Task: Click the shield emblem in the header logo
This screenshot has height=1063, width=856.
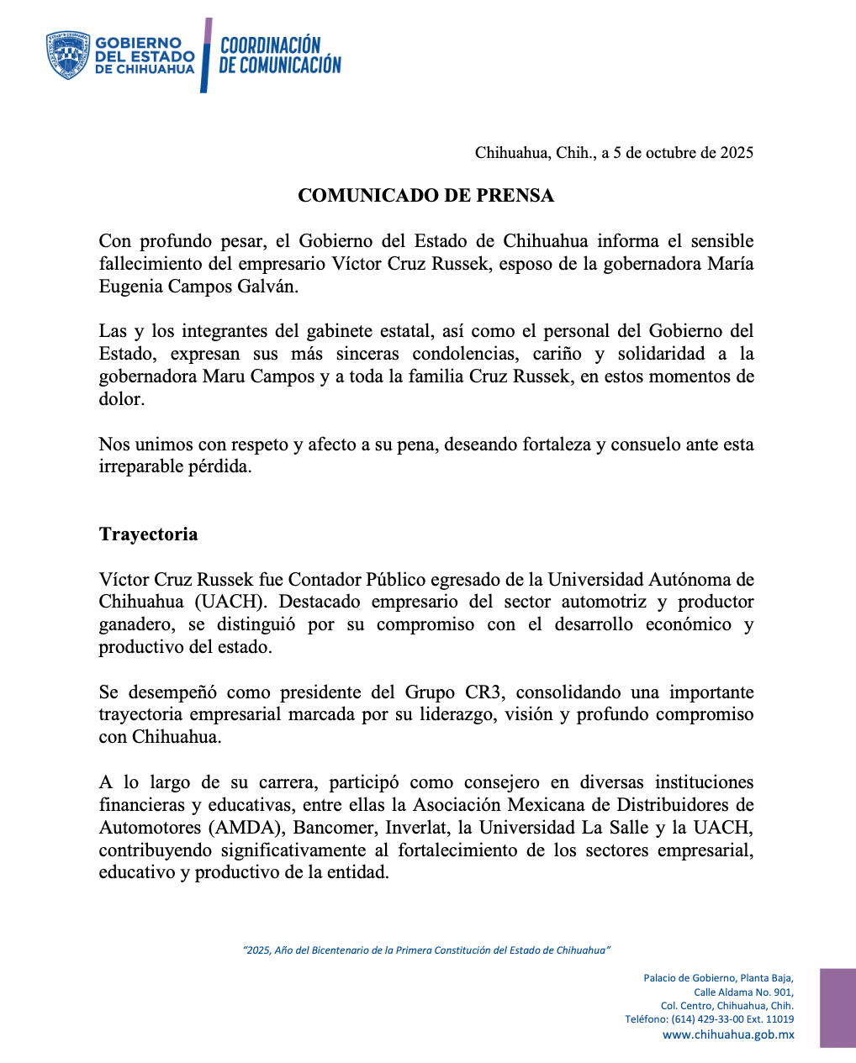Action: pyautogui.click(x=68, y=55)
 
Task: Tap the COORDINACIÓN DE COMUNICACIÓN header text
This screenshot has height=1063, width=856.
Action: pyautogui.click(x=280, y=55)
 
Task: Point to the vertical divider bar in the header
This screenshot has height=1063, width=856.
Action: pyautogui.click(x=205, y=55)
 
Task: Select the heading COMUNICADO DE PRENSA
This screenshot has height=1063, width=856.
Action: pyautogui.click(x=426, y=196)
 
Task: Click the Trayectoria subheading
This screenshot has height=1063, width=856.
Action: pyautogui.click(x=148, y=534)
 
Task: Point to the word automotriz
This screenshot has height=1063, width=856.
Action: pyautogui.click(x=604, y=603)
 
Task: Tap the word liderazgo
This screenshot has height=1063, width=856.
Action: pyautogui.click(x=453, y=715)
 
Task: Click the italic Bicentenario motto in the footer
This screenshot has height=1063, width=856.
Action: pyautogui.click(x=426, y=950)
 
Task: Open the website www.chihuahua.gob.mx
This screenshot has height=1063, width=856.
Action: pyautogui.click(x=728, y=1035)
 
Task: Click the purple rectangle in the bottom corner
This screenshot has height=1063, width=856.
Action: pyautogui.click(x=838, y=1008)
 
